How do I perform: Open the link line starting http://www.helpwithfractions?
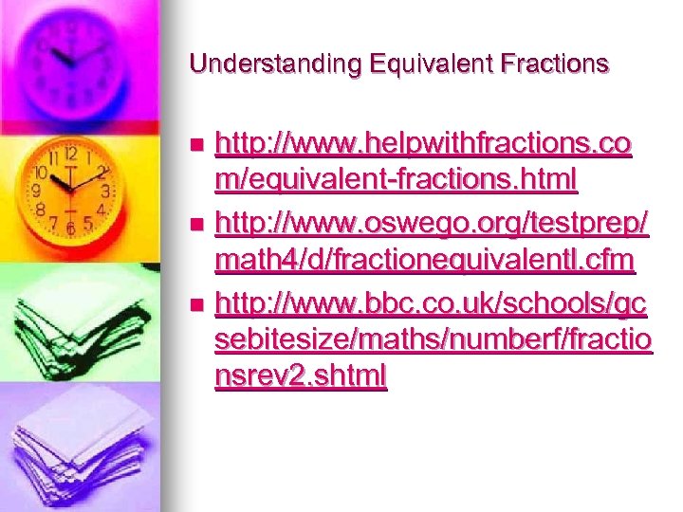(423, 144)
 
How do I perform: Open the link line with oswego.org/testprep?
(432, 225)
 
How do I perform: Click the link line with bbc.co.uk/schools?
(432, 304)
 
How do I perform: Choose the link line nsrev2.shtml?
(301, 375)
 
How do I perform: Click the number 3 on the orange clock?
(107, 191)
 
